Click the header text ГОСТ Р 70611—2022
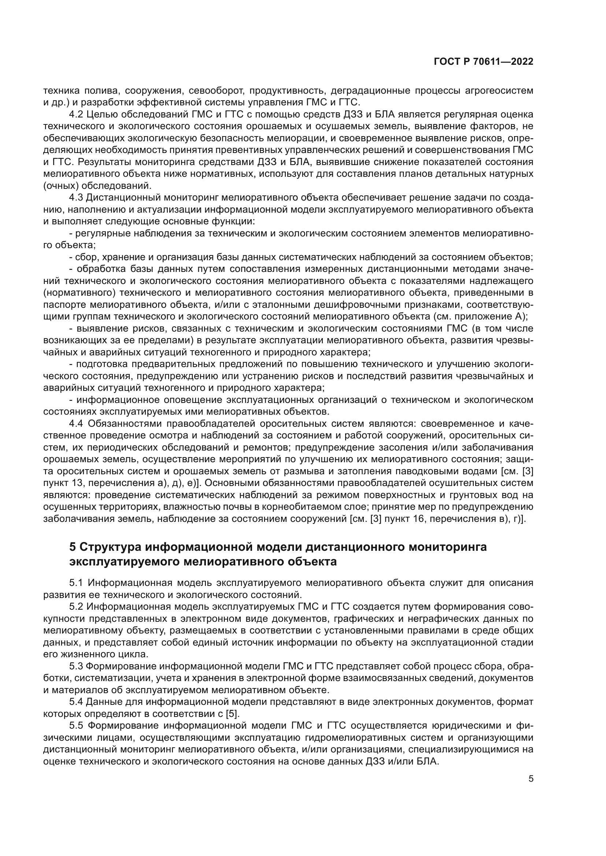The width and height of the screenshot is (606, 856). point(483,62)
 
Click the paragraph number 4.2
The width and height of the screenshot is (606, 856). point(77,115)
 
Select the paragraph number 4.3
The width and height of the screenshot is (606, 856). point(77,198)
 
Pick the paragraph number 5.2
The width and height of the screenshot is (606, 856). point(77,606)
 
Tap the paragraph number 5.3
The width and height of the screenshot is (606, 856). point(77,666)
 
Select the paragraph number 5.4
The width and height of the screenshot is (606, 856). point(77,702)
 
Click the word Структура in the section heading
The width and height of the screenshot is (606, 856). point(110,547)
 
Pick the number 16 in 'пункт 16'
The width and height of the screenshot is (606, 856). point(419,519)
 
